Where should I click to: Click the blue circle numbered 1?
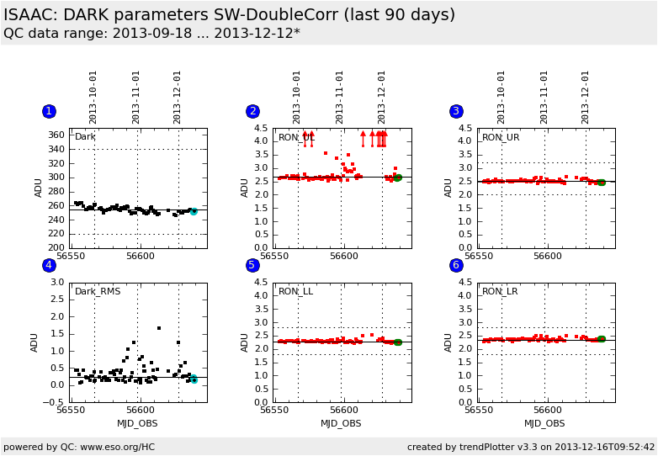click(x=49, y=111)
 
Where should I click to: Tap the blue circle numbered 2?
click(x=252, y=111)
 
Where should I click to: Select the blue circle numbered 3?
click(x=456, y=111)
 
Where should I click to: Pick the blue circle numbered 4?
click(x=49, y=266)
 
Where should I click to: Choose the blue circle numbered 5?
click(x=252, y=266)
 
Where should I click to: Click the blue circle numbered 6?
click(x=456, y=266)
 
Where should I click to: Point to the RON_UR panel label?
click(x=501, y=137)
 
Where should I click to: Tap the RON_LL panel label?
click(x=295, y=292)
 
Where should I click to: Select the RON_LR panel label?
click(x=500, y=292)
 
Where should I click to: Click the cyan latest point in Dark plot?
click(x=194, y=211)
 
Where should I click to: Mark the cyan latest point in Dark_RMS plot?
click(x=194, y=379)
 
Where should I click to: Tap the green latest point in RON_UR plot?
click(x=601, y=182)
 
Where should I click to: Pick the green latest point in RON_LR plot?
click(x=601, y=338)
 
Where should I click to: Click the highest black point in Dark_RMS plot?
click(x=159, y=328)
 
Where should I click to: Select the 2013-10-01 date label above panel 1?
click(x=93, y=97)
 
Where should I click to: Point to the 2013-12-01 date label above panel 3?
click(x=586, y=97)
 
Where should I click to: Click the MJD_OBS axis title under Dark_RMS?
click(x=137, y=423)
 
